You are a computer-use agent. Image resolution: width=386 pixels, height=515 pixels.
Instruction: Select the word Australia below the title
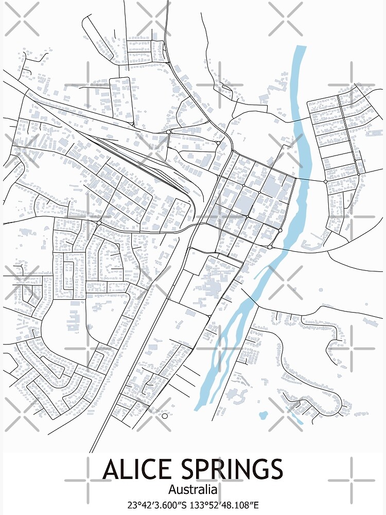[x=192, y=489]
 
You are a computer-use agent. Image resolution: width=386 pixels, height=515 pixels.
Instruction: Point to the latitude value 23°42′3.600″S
[x=160, y=505]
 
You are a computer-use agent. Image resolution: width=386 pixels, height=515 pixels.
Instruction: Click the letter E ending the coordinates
[x=256, y=505]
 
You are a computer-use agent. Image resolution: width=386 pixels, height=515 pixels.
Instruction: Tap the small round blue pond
[x=264, y=414]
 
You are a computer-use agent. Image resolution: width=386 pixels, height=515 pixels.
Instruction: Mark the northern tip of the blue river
[x=300, y=47]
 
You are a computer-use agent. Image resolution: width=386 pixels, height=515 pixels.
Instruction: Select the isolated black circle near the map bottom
[x=165, y=416]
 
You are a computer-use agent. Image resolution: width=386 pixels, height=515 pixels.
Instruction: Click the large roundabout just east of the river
[x=325, y=181]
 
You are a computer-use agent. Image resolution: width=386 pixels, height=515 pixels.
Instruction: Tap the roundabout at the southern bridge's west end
[x=270, y=247]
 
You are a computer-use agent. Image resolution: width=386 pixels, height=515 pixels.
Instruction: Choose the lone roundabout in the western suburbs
[x=98, y=222]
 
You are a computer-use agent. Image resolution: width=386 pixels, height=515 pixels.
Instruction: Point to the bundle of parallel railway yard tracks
[x=139, y=157]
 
